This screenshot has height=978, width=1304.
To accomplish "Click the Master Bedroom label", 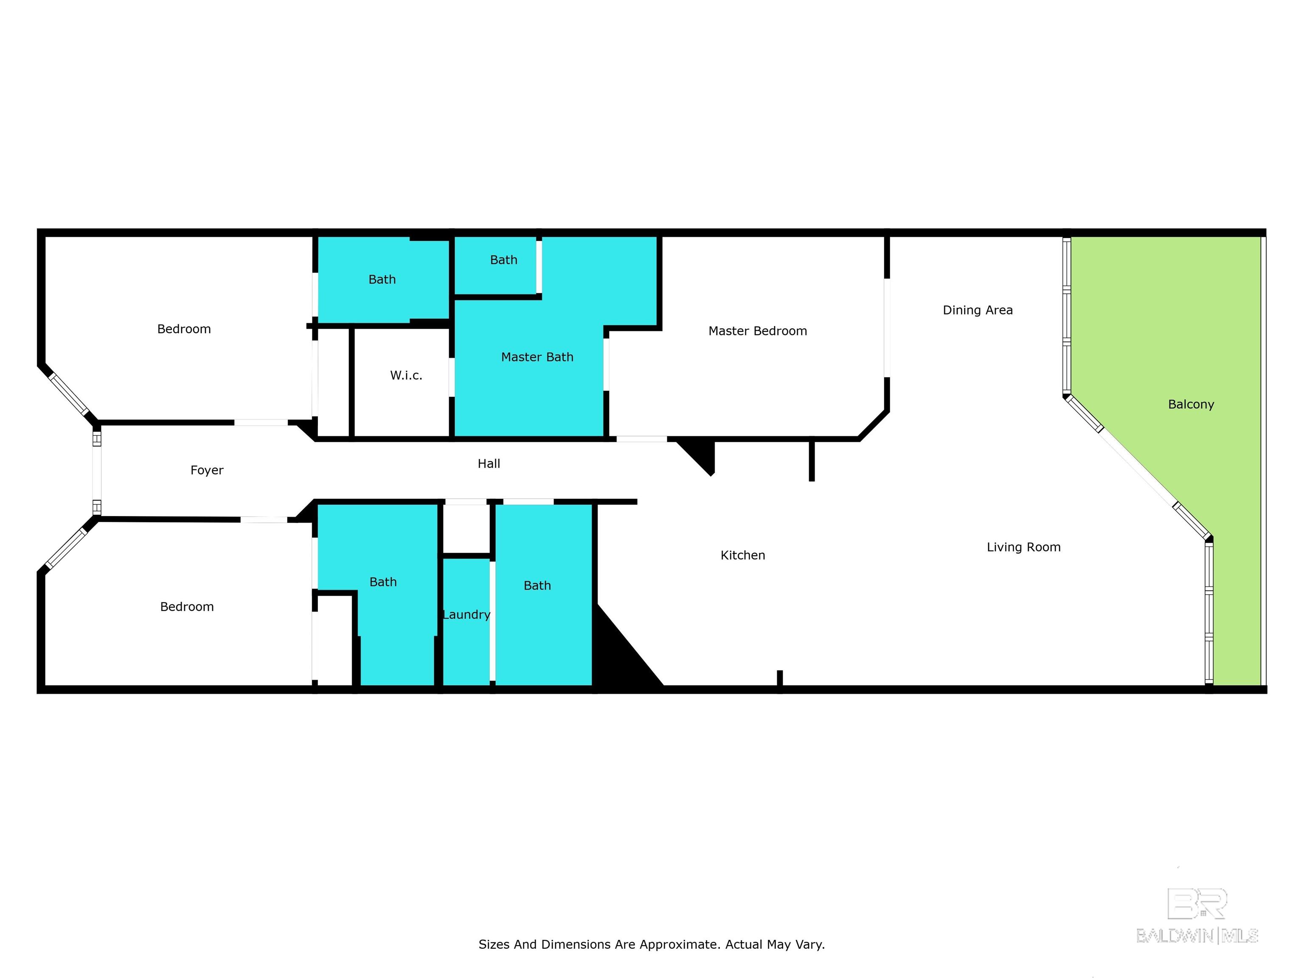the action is click(x=758, y=331).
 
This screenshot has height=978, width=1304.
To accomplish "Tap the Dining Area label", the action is click(x=978, y=310).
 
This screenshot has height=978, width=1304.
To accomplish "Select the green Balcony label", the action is click(x=1191, y=405).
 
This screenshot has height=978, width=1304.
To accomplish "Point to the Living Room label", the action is click(x=1023, y=547).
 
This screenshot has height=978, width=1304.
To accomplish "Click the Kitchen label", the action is click(x=743, y=555).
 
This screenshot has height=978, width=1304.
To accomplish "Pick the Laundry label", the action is click(x=467, y=615).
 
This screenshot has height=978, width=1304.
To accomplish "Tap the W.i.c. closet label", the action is click(x=406, y=376).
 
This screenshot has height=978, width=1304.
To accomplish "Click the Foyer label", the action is click(x=207, y=470).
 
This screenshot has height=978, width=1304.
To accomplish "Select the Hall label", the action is click(x=489, y=464).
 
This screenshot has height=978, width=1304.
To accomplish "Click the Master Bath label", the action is click(x=537, y=357).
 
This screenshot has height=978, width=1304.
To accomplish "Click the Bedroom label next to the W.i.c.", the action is click(x=184, y=329).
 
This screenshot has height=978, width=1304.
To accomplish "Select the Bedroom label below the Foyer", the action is click(x=187, y=607).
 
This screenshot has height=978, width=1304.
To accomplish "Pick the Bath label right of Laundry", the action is click(x=537, y=585).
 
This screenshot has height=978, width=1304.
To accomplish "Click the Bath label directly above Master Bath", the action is click(x=503, y=260).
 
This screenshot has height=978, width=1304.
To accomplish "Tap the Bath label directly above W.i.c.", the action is click(x=382, y=279).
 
